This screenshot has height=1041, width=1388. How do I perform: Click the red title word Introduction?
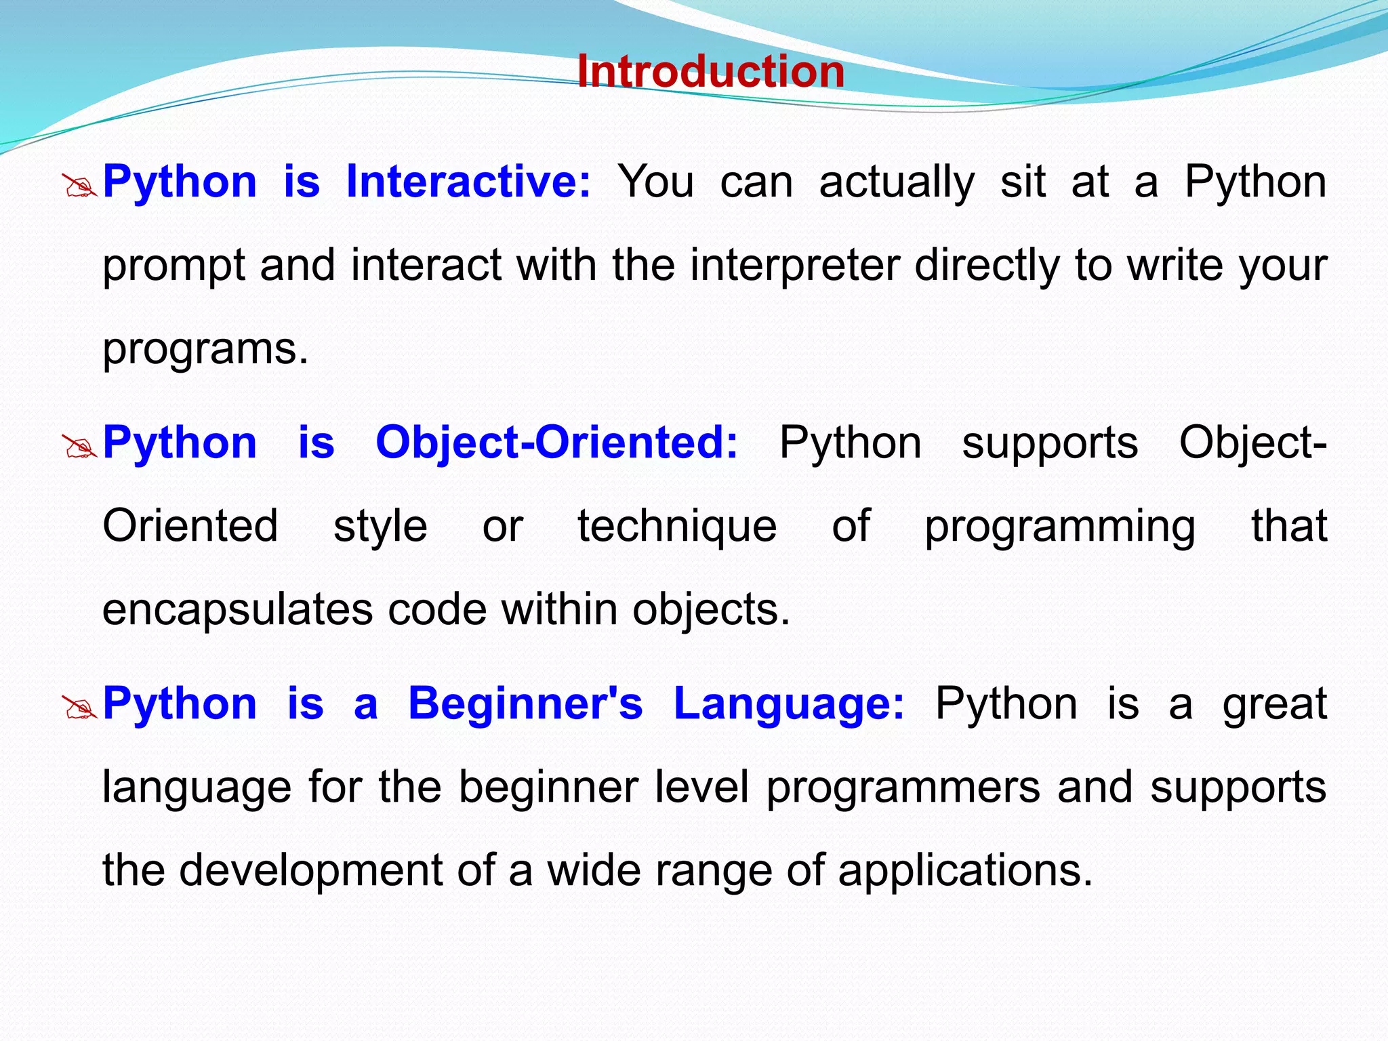pyautogui.click(x=710, y=72)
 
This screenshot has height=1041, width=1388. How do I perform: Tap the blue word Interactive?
pyautogui.click(x=468, y=182)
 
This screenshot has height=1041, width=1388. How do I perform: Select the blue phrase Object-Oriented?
pyautogui.click(x=556, y=443)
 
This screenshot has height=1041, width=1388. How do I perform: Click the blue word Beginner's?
pyautogui.click(x=525, y=703)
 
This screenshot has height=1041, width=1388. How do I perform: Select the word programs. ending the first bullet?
pyautogui.click(x=205, y=350)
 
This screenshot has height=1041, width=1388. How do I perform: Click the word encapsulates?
pyautogui.click(x=237, y=610)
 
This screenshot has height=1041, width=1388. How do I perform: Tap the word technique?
pyautogui.click(x=676, y=526)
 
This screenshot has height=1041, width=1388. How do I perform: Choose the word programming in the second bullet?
pyautogui.click(x=1059, y=527)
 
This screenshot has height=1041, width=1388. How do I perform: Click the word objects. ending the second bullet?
pyautogui.click(x=711, y=610)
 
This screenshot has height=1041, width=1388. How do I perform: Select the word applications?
pyautogui.click(x=965, y=872)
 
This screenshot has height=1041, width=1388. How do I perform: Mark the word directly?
pyautogui.click(x=987, y=266)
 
